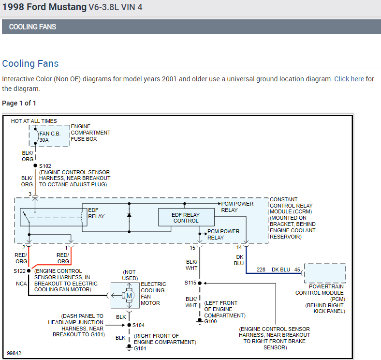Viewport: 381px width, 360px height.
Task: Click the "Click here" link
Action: (349, 79)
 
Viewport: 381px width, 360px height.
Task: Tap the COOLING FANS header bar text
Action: (32, 27)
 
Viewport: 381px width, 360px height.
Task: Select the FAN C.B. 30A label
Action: (50, 136)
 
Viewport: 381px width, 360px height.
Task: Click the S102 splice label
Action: (45, 165)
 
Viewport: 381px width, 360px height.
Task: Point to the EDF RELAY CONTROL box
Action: (185, 217)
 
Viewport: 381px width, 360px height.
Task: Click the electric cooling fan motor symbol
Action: (129, 296)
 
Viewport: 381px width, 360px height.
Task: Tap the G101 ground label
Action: (140, 348)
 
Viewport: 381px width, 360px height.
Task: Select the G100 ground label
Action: (211, 321)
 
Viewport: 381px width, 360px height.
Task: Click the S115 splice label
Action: (191, 283)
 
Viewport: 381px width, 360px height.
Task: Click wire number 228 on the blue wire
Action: (261, 270)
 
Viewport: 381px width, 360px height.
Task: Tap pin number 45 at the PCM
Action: (297, 270)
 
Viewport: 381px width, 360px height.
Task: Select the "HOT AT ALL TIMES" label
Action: (34, 121)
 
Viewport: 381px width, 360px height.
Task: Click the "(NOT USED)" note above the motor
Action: (130, 275)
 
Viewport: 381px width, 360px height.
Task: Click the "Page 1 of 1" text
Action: (19, 103)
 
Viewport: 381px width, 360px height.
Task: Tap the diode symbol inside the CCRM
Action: (129, 214)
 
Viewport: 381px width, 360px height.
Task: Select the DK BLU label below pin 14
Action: (239, 260)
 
